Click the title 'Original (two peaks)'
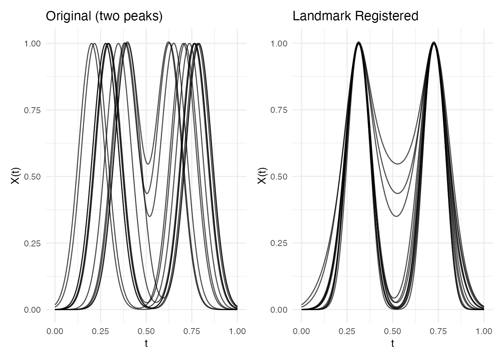[x=104, y=16]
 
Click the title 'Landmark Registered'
[x=355, y=16]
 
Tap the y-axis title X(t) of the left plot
[x=15, y=176]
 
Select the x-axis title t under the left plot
[x=146, y=343]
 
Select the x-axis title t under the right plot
[x=393, y=343]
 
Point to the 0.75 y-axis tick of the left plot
[x=32, y=110]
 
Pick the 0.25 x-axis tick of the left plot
[x=100, y=331]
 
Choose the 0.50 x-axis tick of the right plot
[x=393, y=331]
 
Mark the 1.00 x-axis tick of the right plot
[x=484, y=331]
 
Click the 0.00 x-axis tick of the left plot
[x=55, y=331]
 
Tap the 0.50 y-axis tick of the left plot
[x=32, y=177]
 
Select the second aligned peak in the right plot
[x=434, y=43]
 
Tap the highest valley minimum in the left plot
[x=148, y=164]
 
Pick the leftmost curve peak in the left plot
[x=91, y=44]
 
